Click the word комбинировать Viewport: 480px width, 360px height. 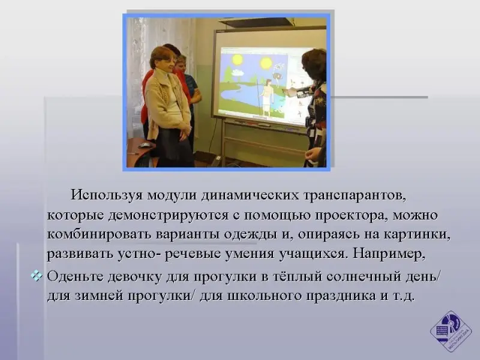click(x=100, y=234)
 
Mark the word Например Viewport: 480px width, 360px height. click(x=389, y=254)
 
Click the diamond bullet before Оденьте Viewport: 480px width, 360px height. click(x=37, y=277)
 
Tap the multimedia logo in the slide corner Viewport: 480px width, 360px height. click(x=451, y=331)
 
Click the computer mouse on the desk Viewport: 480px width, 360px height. click(x=144, y=145)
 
